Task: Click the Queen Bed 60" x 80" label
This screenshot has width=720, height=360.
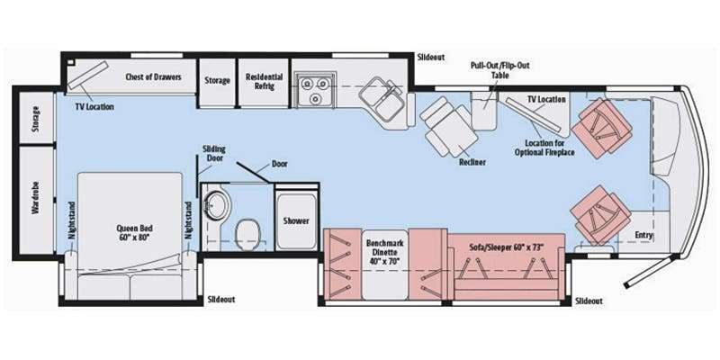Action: click(x=134, y=232)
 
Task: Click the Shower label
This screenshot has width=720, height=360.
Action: click(x=296, y=220)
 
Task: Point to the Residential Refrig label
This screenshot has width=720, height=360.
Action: click(x=264, y=81)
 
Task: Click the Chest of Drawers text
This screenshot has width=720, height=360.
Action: click(x=153, y=76)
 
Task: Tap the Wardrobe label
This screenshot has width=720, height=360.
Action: click(x=35, y=198)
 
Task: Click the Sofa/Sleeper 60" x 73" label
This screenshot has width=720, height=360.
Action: click(x=507, y=247)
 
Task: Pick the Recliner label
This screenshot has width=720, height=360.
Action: click(x=472, y=162)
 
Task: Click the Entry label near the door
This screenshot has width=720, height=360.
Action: click(x=643, y=235)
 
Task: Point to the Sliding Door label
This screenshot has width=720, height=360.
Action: click(x=214, y=154)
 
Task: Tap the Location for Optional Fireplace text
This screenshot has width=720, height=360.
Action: click(x=544, y=148)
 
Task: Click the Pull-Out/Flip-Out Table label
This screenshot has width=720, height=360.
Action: click(x=500, y=70)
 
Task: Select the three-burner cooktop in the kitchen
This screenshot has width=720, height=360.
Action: click(x=316, y=89)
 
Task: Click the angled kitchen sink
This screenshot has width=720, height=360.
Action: click(x=381, y=98)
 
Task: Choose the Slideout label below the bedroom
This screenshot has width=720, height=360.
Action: click(x=221, y=300)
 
